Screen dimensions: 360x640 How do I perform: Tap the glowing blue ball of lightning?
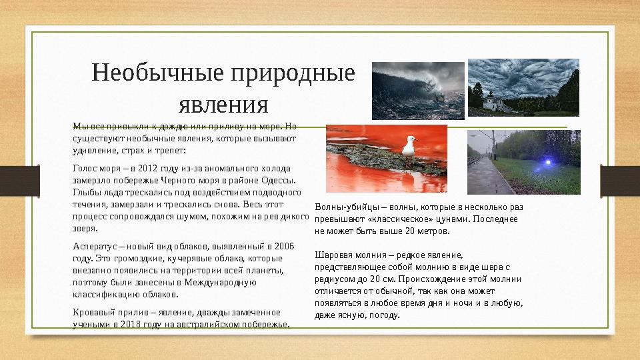click(x=547, y=163)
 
